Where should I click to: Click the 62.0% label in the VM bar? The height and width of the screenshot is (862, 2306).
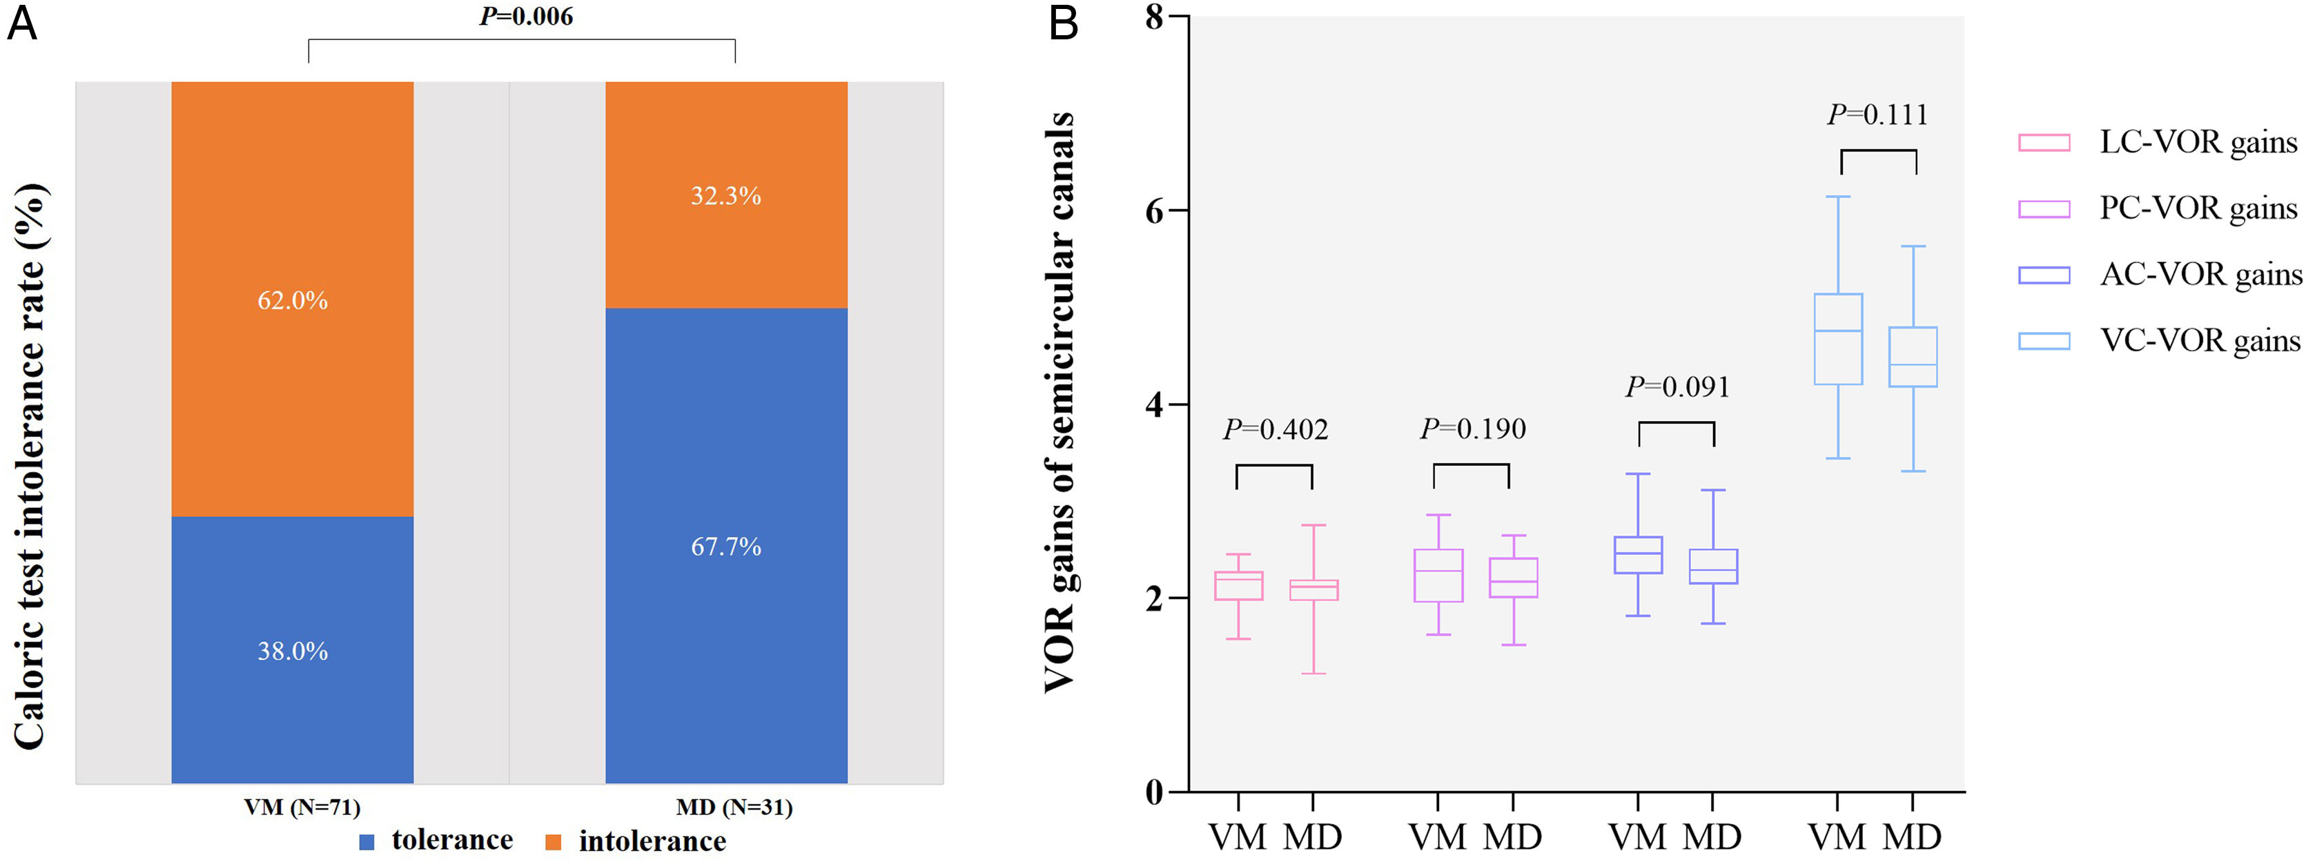[293, 300]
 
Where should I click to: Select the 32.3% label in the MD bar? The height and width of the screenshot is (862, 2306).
[725, 195]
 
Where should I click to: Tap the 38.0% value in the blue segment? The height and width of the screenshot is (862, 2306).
[293, 651]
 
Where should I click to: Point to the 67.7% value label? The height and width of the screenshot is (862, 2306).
[726, 546]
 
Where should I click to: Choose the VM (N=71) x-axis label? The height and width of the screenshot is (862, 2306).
[302, 807]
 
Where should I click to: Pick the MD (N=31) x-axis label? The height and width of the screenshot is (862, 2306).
[734, 807]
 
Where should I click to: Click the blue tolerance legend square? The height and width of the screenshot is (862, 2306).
[366, 842]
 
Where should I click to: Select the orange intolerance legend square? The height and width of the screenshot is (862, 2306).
[554, 842]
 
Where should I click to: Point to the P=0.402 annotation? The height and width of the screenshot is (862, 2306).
[1275, 430]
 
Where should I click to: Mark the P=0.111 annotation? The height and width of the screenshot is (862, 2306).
[1877, 115]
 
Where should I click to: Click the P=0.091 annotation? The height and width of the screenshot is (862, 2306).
[1677, 386]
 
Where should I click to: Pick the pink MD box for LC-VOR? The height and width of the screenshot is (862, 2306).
[1313, 590]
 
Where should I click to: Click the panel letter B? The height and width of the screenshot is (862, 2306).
[1063, 22]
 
